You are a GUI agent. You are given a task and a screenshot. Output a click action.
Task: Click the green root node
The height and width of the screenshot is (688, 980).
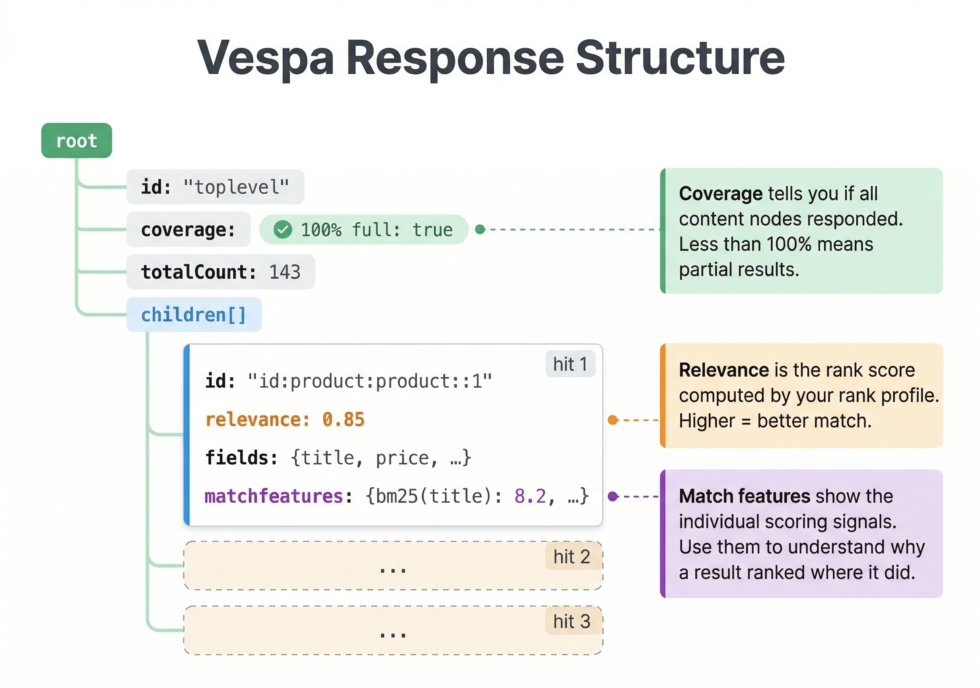76,141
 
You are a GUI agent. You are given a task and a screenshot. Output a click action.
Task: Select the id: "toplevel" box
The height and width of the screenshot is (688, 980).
215,187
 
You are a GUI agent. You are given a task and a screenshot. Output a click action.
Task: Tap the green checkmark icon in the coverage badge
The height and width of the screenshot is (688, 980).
282,229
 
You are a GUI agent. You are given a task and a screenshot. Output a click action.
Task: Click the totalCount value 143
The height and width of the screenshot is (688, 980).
285,272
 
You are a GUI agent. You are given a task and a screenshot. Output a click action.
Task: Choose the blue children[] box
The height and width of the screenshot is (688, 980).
194,315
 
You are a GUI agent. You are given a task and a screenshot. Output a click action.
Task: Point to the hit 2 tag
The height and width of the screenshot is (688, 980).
572,557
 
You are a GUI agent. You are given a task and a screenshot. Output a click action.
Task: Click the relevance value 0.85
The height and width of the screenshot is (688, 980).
343,420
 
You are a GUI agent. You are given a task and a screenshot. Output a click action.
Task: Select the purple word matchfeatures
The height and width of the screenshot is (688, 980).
274,496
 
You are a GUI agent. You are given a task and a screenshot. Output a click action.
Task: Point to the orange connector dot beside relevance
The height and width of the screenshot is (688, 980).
613,420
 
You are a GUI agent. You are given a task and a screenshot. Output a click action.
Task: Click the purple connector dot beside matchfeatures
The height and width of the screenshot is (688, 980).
613,496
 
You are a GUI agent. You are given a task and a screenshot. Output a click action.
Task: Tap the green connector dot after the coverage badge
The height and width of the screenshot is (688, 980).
480,229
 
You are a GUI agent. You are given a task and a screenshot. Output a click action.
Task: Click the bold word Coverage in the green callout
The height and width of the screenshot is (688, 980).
721,193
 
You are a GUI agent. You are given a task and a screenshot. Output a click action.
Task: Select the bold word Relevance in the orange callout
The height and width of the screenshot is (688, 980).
724,370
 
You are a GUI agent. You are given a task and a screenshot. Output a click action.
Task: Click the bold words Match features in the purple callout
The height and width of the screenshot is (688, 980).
745,496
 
